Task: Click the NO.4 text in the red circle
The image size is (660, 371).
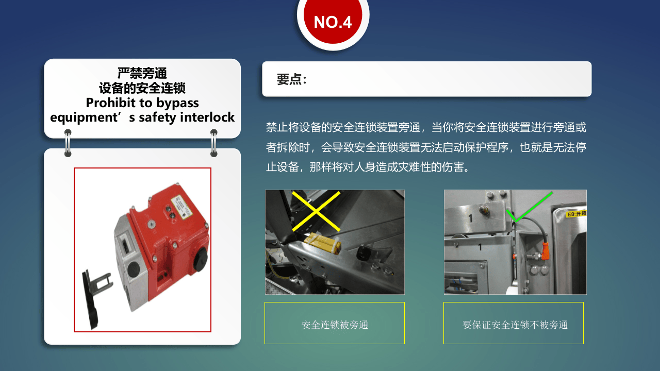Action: click(x=333, y=22)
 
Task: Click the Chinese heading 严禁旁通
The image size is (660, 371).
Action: click(x=142, y=73)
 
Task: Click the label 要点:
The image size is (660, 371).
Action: click(x=292, y=79)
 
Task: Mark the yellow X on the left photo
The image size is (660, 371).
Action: click(x=316, y=211)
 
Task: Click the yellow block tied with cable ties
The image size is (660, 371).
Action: click(x=322, y=243)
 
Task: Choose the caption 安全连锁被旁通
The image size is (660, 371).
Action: click(x=335, y=325)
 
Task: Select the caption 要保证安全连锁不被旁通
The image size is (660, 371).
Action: click(x=515, y=325)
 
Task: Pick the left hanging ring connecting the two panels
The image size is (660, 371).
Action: click(x=68, y=143)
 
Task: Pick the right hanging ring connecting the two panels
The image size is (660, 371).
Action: click(x=214, y=143)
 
